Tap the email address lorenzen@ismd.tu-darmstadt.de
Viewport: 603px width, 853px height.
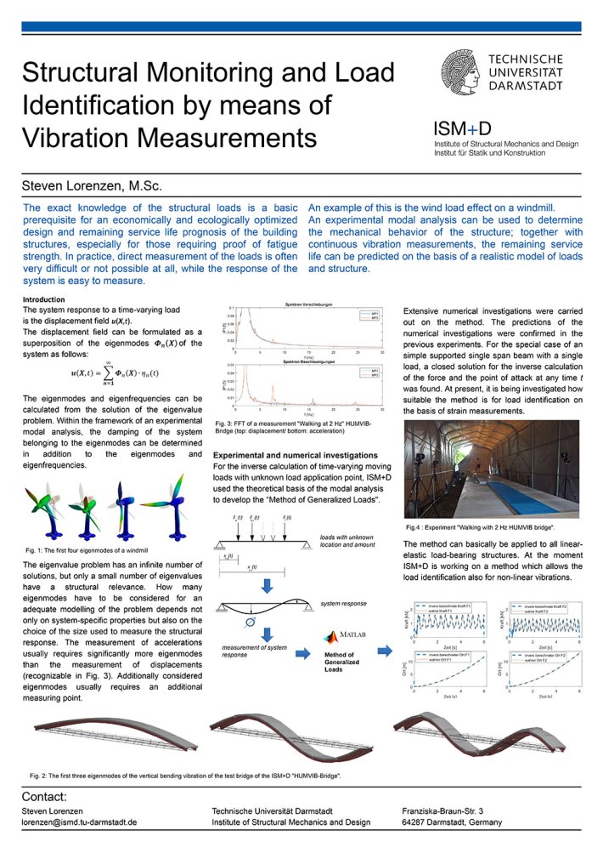pos(80,822)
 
